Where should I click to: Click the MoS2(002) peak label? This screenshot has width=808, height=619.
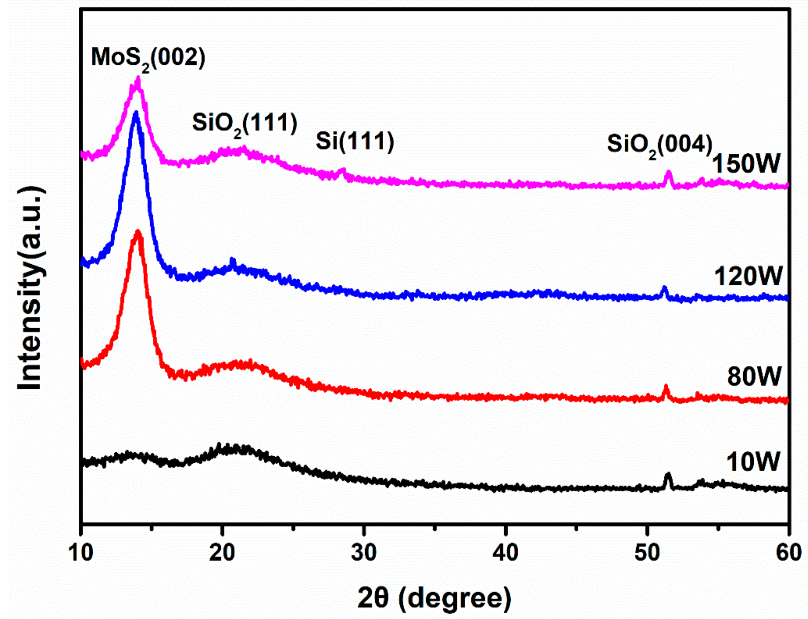click(x=148, y=59)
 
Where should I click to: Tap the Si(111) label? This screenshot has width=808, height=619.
click(x=355, y=141)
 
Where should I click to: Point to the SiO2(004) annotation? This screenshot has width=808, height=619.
click(x=660, y=145)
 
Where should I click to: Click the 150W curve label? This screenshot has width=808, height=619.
click(x=746, y=164)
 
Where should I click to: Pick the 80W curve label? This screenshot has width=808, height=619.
click(x=754, y=376)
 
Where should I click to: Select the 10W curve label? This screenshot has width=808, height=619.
click(x=753, y=461)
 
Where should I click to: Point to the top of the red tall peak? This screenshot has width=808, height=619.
click(x=138, y=232)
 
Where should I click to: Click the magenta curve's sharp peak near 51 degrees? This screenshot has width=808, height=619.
click(x=669, y=173)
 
